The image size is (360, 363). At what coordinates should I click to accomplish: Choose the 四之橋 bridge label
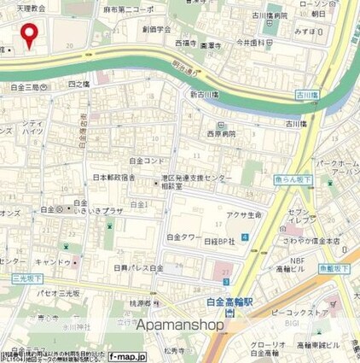pos(77,85)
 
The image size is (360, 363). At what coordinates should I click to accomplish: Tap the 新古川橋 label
pos(206,94)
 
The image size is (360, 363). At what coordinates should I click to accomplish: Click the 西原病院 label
pos(220,135)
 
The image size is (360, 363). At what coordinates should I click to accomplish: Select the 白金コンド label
pos(146,160)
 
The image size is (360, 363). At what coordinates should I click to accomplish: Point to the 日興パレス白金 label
pos(136,267)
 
